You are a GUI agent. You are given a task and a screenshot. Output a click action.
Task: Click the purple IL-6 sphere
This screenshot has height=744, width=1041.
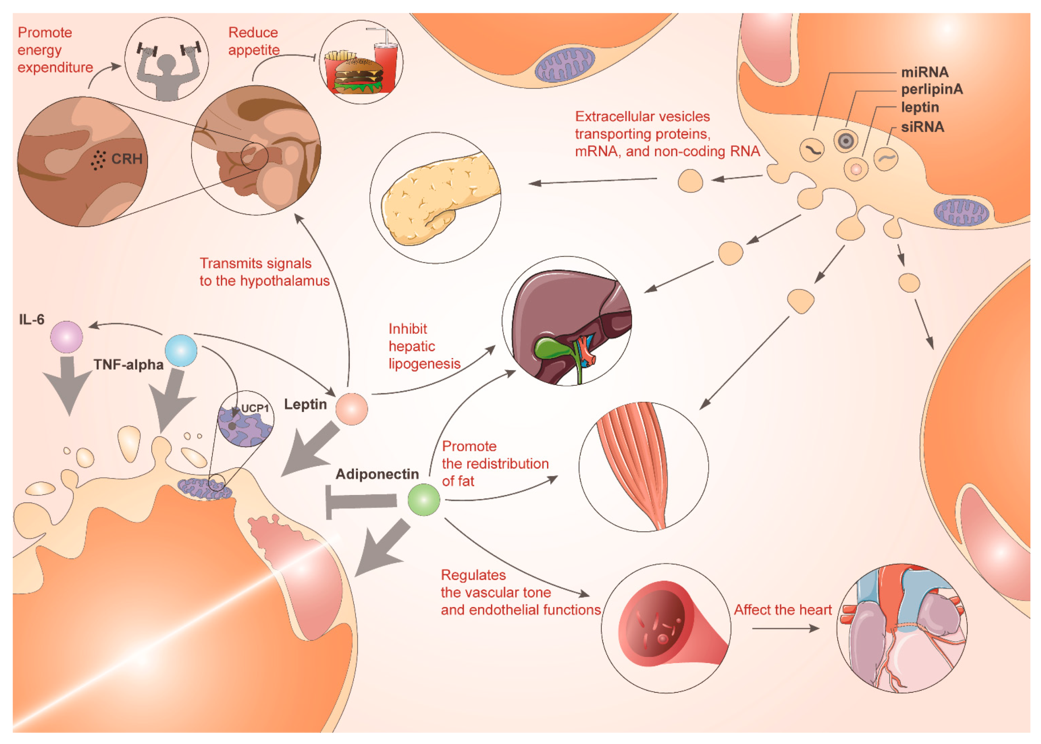(66, 337)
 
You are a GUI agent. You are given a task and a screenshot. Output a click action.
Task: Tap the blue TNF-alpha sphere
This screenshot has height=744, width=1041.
(181, 350)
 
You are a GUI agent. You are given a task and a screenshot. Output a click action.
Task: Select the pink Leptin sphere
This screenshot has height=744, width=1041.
(351, 409)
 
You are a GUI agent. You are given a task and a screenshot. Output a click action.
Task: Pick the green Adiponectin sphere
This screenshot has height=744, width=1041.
(424, 499)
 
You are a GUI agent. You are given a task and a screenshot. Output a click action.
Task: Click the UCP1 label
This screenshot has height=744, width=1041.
(255, 408)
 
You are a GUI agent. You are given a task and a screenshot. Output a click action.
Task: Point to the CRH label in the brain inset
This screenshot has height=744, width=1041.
(126, 159)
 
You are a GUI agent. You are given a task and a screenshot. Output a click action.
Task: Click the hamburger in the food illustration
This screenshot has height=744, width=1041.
(359, 76)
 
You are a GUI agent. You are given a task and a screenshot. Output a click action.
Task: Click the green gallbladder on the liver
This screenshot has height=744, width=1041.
(552, 349)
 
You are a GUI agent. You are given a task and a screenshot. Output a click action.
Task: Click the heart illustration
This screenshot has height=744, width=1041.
(901, 627)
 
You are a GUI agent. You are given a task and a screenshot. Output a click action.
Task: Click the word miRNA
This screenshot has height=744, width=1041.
(924, 72)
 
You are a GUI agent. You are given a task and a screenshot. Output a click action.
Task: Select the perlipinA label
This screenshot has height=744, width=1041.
(932, 89)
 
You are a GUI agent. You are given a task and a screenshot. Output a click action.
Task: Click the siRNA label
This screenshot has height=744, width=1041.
(922, 127)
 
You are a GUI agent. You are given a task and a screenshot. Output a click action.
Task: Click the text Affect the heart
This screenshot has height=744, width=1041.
(782, 610)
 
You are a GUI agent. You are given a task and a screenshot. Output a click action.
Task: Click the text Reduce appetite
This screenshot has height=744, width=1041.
(254, 41)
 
